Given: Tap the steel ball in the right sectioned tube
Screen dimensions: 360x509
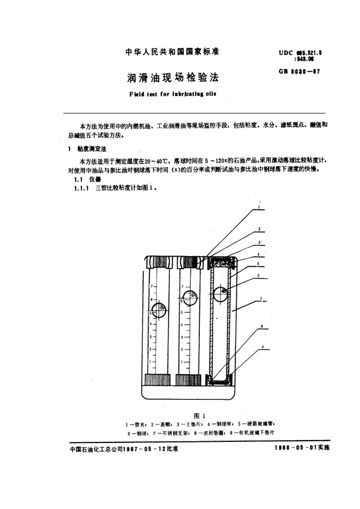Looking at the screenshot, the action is [x=221, y=294].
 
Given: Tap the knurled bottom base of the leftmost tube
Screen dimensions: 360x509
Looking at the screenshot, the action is [x=158, y=381].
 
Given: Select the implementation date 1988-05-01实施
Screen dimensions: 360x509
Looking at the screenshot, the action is [x=304, y=447].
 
